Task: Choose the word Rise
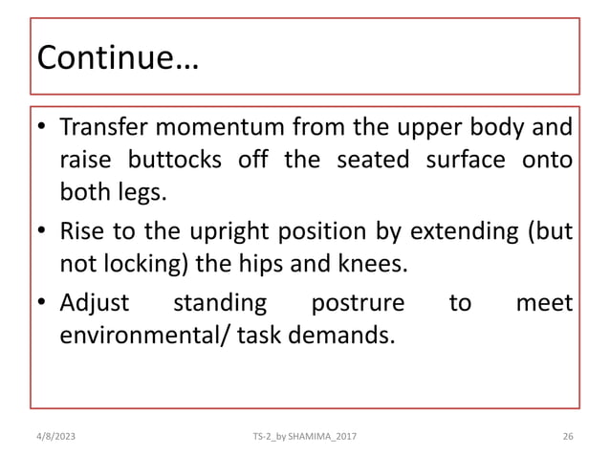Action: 82,233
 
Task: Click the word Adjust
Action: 93,304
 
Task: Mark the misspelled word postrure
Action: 355,304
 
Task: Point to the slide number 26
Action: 567,435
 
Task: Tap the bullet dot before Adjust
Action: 43,305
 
